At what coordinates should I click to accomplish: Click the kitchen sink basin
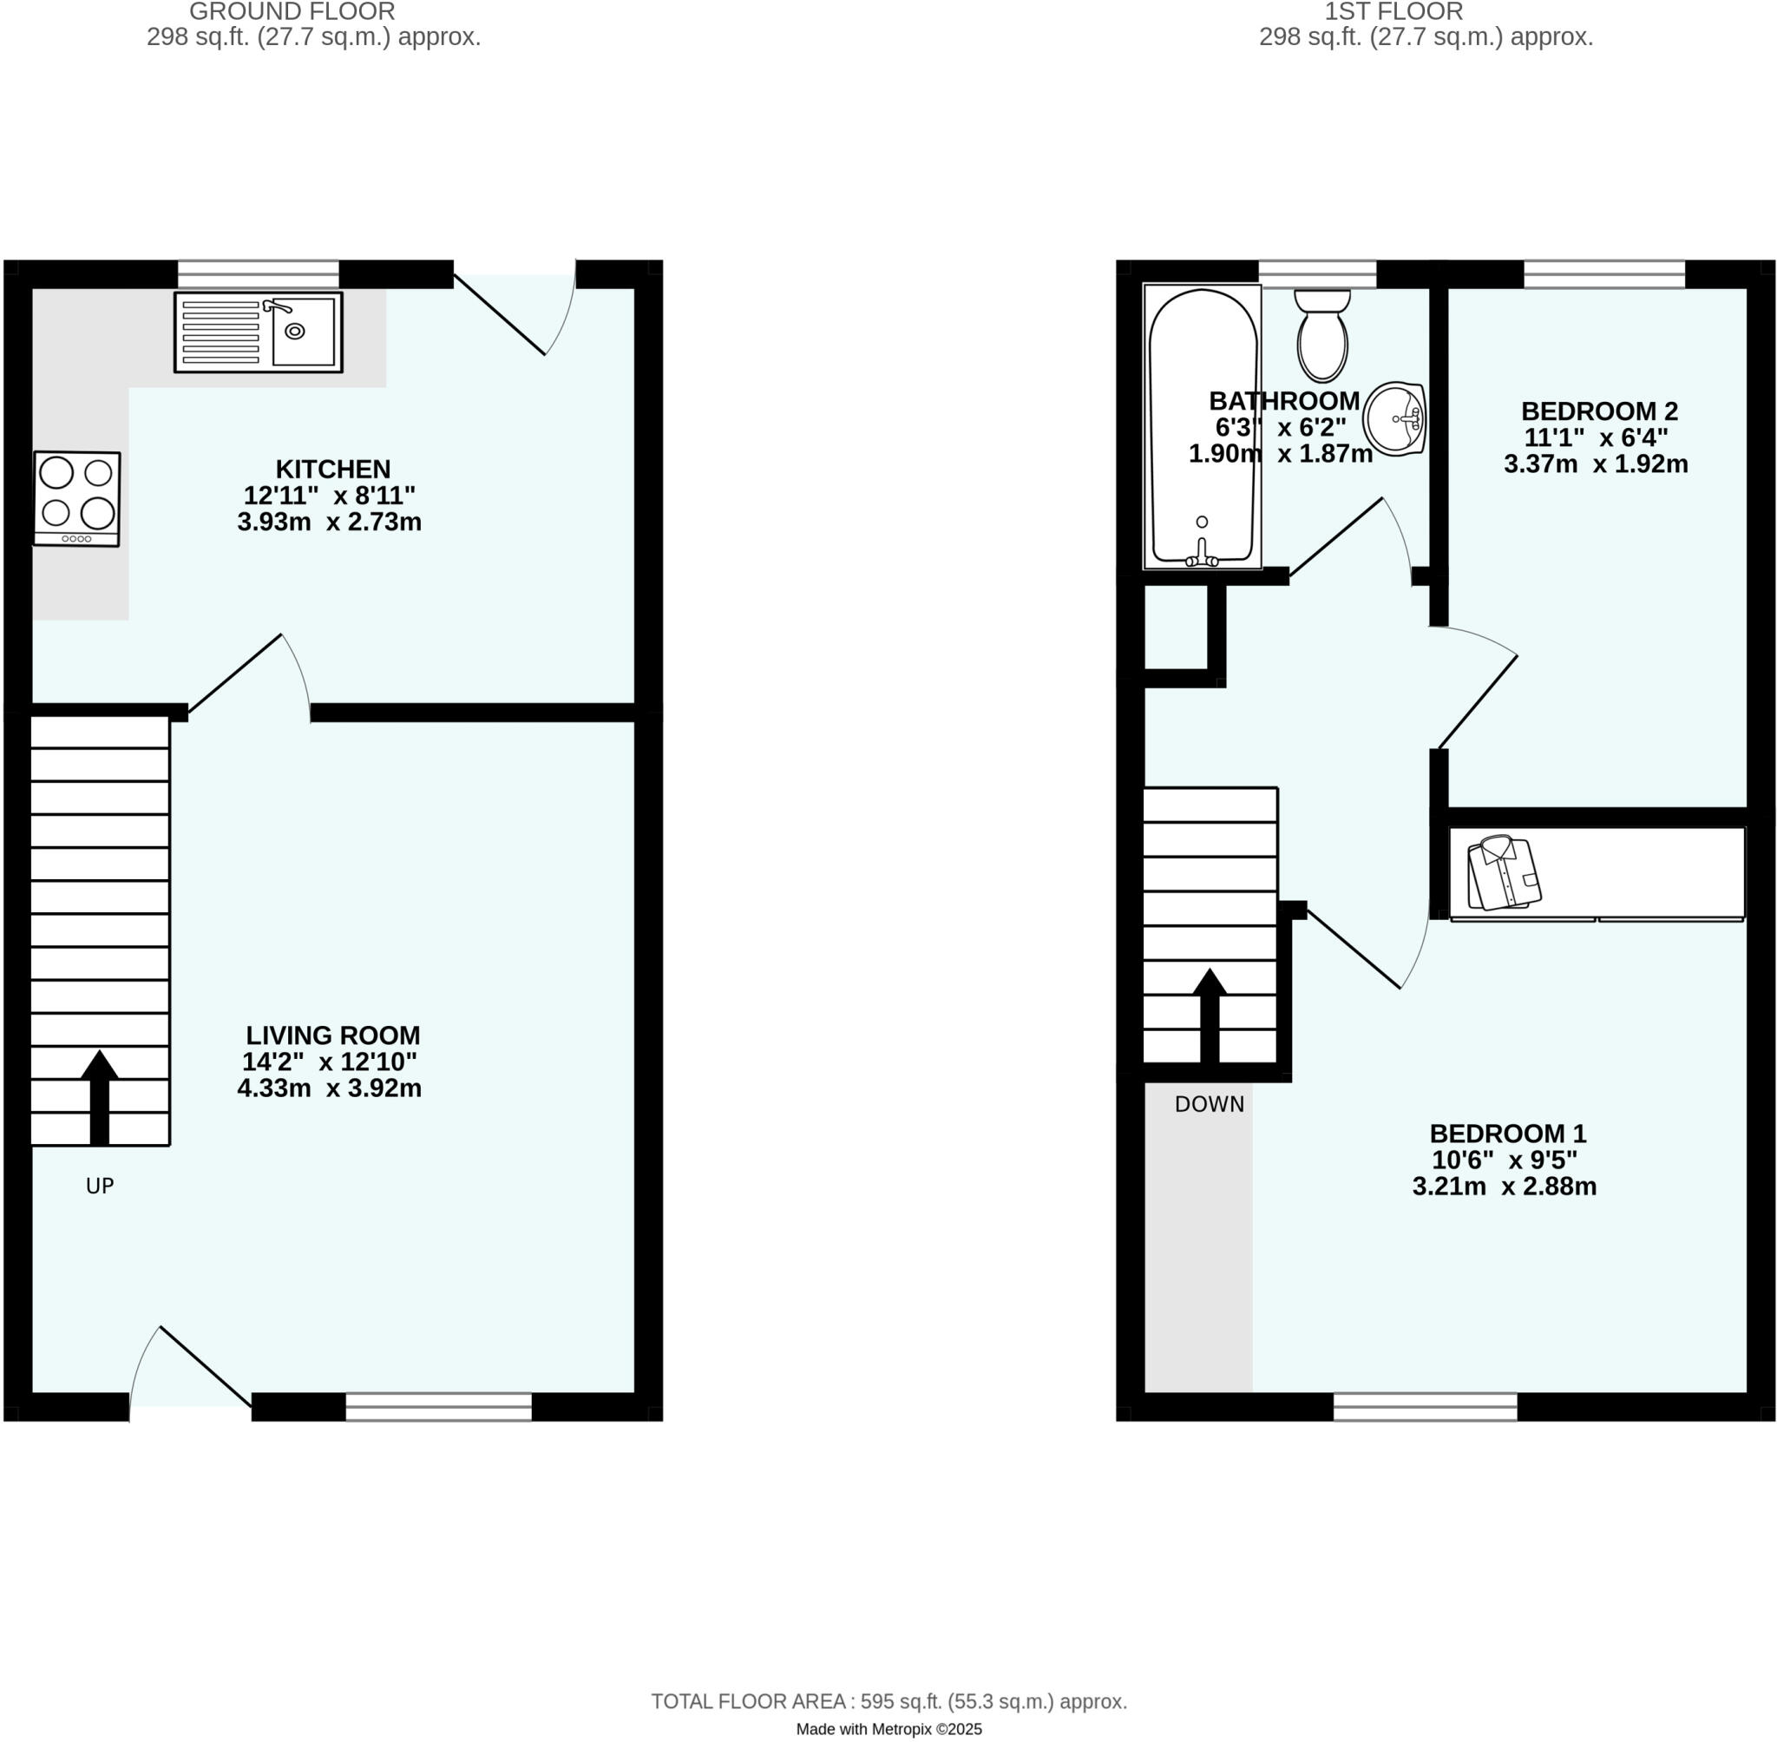tap(303, 332)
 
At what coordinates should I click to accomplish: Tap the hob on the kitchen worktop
tap(77, 498)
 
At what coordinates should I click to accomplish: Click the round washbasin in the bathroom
tap(1393, 418)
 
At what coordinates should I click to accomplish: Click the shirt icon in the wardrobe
tap(1504, 873)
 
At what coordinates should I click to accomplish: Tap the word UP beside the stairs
tap(100, 1186)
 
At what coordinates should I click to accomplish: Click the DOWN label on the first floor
tap(1209, 1104)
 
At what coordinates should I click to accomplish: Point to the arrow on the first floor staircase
tap(1210, 1014)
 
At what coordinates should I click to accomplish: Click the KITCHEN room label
tap(333, 470)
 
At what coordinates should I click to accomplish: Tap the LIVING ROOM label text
tap(333, 1035)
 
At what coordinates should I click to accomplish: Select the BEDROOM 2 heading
tap(1598, 411)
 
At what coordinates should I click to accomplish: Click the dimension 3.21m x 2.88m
tap(1505, 1187)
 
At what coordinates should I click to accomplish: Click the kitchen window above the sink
tap(258, 273)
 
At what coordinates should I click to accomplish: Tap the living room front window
tap(438, 1406)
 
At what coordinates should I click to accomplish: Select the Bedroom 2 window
tap(1603, 273)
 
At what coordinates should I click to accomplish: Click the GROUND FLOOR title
tap(292, 12)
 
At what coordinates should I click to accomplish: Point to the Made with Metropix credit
tap(889, 1729)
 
